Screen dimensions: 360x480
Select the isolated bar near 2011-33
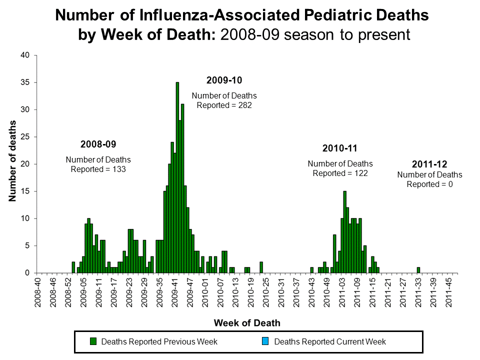pyautogui.click(x=418, y=270)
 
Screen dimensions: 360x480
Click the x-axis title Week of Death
pyautogui.click(x=247, y=323)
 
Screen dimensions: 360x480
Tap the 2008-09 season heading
pyautogui.click(x=98, y=144)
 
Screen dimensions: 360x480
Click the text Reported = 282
pyautogui.click(x=224, y=105)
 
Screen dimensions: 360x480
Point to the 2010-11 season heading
pyautogui.click(x=340, y=148)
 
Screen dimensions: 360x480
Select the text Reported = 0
pyautogui.click(x=429, y=184)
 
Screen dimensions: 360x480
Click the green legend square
pyautogui.click(x=93, y=341)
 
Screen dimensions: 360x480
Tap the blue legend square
pyautogui.click(x=265, y=341)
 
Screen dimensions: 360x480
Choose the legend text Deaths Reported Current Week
pyautogui.click(x=330, y=341)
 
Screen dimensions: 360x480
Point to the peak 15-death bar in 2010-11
pyautogui.click(x=344, y=232)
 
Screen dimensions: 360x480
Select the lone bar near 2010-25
pyautogui.click(x=261, y=267)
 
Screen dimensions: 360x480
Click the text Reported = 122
pyautogui.click(x=340, y=173)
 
